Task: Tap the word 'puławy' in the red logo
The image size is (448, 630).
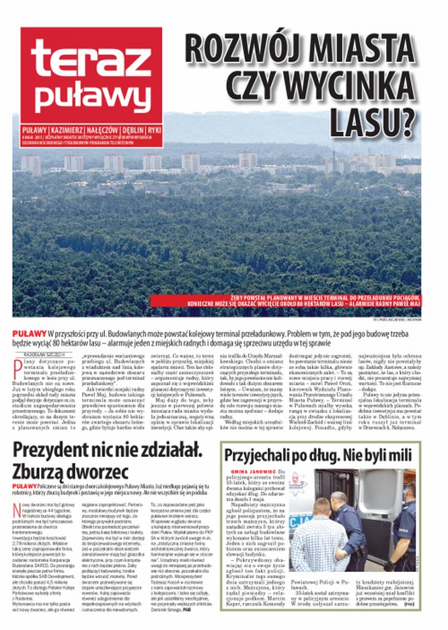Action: point(94,96)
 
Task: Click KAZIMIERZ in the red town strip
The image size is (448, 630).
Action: point(71,129)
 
